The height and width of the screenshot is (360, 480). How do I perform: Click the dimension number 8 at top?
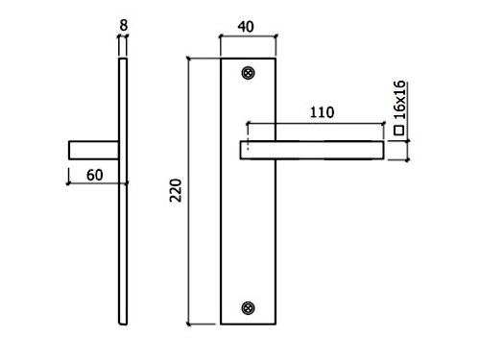coord(124,25)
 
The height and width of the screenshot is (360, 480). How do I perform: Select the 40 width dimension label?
coord(246,27)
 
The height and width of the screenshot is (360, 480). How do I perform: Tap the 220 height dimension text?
coord(176,190)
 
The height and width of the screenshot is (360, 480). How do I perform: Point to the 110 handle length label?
coord(323,112)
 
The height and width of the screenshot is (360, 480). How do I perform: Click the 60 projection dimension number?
coord(95,175)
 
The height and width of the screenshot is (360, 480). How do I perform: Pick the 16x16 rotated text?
coord(399,100)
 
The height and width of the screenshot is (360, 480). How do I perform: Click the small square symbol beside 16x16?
coord(399,131)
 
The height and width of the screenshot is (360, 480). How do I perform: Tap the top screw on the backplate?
coord(248,73)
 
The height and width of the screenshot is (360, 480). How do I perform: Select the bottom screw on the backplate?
coord(248,308)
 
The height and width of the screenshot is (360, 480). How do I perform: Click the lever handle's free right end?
coord(383,150)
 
